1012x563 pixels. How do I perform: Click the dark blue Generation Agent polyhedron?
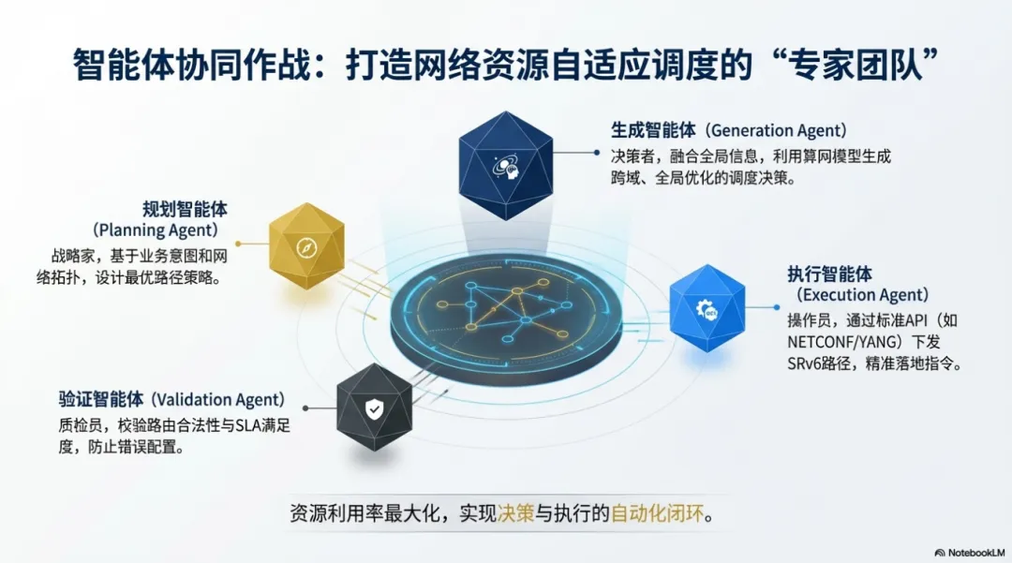[505, 166]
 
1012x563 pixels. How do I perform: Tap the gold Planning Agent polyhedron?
[306, 245]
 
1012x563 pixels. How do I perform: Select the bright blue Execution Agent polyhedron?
[707, 308]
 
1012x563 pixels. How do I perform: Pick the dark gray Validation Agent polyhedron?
[374, 407]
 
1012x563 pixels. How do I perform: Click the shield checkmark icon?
[374, 408]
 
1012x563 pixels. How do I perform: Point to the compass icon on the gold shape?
[306, 247]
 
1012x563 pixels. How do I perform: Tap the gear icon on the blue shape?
[707, 310]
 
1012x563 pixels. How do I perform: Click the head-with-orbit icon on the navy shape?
[506, 168]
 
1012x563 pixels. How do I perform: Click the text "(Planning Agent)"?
[155, 230]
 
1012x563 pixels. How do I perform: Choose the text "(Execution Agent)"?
[862, 295]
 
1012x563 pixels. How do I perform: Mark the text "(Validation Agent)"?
[218, 400]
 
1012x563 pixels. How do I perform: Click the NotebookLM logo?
[970, 553]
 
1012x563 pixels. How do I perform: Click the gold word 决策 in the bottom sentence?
[515, 513]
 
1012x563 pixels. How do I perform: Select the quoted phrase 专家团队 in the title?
[857, 66]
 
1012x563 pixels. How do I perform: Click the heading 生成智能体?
[653, 130]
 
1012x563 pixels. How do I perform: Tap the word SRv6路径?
[819, 363]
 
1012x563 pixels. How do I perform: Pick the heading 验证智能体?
[100, 400]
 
